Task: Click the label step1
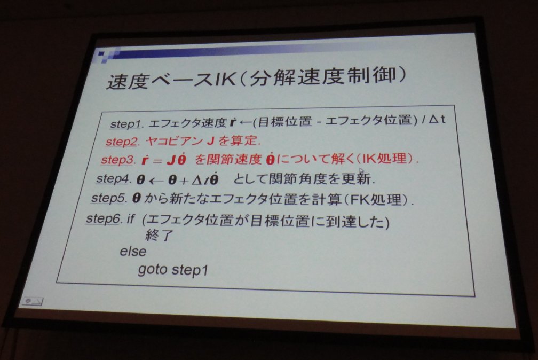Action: coord(126,124)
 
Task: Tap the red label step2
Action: coord(122,142)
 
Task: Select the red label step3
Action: coord(117,160)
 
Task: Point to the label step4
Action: coord(113,178)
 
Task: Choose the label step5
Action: coord(108,198)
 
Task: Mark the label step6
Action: coord(104,218)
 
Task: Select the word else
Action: coord(133,252)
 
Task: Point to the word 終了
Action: coord(160,236)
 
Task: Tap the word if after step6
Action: coord(131,218)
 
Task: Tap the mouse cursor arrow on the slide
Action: coord(361,171)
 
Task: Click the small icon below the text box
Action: coord(33,301)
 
